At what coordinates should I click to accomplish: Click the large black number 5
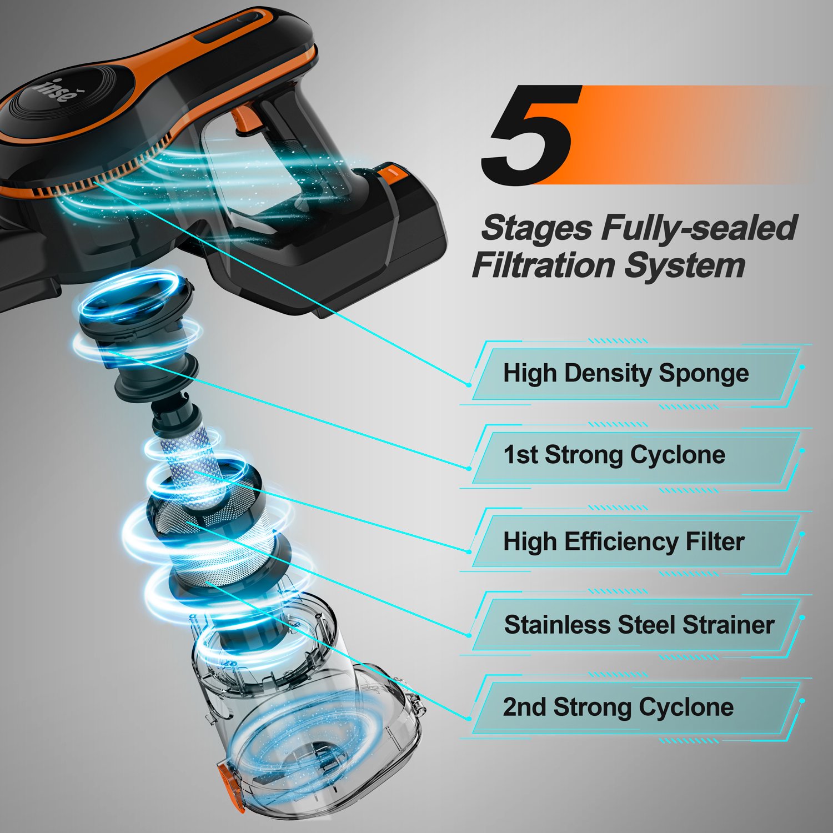(530, 136)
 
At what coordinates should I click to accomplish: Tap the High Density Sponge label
(625, 373)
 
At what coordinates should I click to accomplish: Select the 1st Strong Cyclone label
(614, 455)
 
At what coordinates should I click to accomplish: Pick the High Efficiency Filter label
(623, 541)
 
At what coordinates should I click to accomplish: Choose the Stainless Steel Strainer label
(639, 625)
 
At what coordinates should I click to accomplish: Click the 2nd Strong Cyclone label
(618, 707)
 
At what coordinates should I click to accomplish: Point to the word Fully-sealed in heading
(700, 228)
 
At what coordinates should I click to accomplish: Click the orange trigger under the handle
(243, 119)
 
